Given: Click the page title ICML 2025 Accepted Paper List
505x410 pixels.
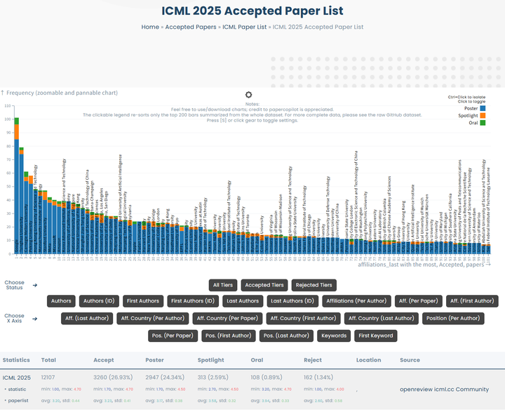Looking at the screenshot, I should click(x=252, y=11).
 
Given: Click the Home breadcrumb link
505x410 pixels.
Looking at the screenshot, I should click(x=150, y=27).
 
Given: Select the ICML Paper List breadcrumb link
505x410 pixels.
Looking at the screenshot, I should click(x=245, y=27).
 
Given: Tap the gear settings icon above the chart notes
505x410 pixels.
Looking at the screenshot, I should click(x=248, y=95).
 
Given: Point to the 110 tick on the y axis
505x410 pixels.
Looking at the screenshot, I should click(x=8, y=106).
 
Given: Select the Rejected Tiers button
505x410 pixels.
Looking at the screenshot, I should click(x=315, y=285).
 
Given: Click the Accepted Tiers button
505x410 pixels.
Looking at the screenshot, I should click(x=264, y=285).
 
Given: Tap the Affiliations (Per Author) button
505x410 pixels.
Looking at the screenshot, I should click(x=356, y=301).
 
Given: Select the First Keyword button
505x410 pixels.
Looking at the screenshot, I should click(x=375, y=336).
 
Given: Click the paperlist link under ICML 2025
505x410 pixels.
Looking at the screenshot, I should click(x=19, y=400).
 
